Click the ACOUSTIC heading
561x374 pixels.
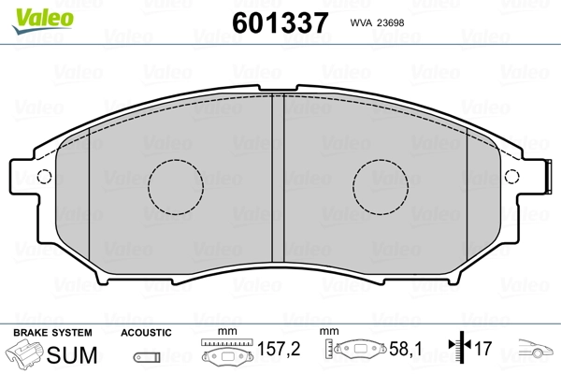pyautogui.click(x=146, y=333)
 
